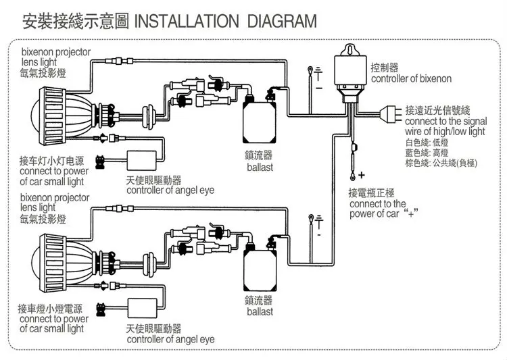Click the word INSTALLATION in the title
click(x=187, y=22)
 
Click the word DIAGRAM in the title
click(x=282, y=22)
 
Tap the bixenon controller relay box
click(x=350, y=74)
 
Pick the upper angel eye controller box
click(x=142, y=160)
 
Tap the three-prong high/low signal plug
click(x=391, y=114)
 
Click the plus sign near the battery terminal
click(x=362, y=175)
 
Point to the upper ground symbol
click(x=319, y=74)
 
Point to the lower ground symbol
click(x=319, y=222)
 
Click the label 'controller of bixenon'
click(x=411, y=78)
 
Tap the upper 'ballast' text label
click(x=260, y=168)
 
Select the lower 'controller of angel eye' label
click(x=171, y=339)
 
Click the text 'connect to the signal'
click(x=446, y=122)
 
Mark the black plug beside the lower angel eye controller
click(x=101, y=309)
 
